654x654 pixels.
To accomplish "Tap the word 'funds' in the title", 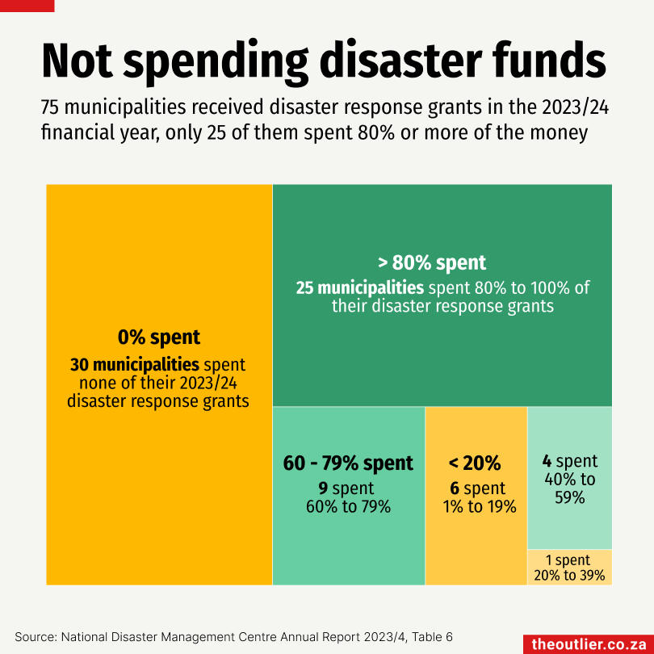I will coord(549,60).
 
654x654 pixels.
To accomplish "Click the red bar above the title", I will coord(27,5).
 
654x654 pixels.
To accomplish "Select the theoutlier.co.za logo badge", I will coord(589,644).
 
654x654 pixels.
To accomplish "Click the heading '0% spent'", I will coord(159,337).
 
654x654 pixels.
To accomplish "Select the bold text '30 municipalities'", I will coord(134,364).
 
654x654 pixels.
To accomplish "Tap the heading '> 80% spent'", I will coord(432,262).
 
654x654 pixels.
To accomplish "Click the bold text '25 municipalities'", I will coord(359,288).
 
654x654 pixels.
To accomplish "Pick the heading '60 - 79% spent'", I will coord(348,463).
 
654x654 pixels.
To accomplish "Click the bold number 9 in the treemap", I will coord(323,488).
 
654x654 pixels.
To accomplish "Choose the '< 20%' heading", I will coord(475,463).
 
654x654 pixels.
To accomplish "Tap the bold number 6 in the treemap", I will coord(455,488).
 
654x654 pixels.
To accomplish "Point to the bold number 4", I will coord(547,461).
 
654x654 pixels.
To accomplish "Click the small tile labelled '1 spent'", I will coord(568,567).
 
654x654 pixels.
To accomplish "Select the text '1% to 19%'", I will coord(480,507).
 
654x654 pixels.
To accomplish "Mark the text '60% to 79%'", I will coord(348,507).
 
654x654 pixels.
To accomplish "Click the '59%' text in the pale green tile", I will coord(569,498).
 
